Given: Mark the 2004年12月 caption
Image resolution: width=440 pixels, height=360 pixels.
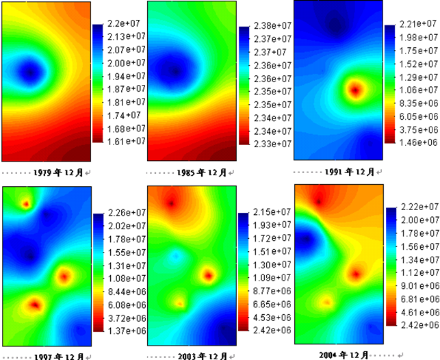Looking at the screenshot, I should (x=344, y=354).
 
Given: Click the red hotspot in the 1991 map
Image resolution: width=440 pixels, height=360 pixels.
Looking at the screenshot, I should (x=354, y=89).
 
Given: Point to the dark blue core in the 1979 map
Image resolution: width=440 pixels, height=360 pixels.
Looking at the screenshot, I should (x=29, y=70).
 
